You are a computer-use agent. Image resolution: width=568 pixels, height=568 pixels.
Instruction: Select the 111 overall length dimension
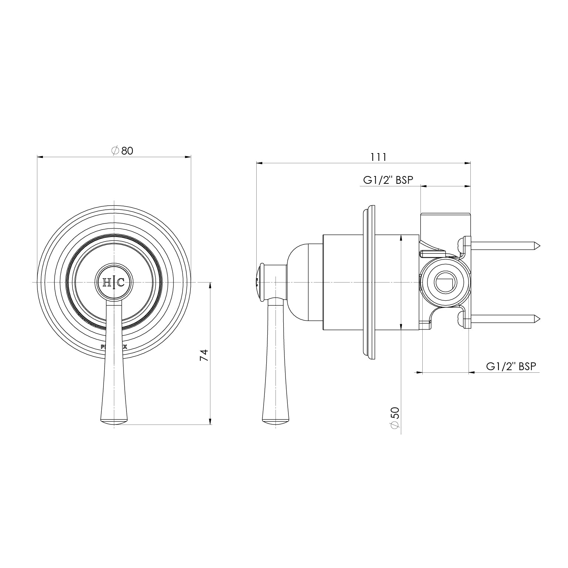378,157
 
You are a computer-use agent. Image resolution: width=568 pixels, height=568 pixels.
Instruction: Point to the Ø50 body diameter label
395,418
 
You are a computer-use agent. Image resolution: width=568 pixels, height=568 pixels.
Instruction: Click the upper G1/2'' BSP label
388,180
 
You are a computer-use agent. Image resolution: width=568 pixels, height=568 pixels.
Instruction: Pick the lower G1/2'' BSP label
511,366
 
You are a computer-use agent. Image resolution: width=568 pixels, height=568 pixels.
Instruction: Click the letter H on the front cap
106,283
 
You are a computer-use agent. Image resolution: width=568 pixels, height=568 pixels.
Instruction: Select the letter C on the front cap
121,283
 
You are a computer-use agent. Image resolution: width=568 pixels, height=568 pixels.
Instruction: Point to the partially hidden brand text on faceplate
114,347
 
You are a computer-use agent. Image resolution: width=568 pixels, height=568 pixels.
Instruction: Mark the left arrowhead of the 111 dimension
259,163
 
